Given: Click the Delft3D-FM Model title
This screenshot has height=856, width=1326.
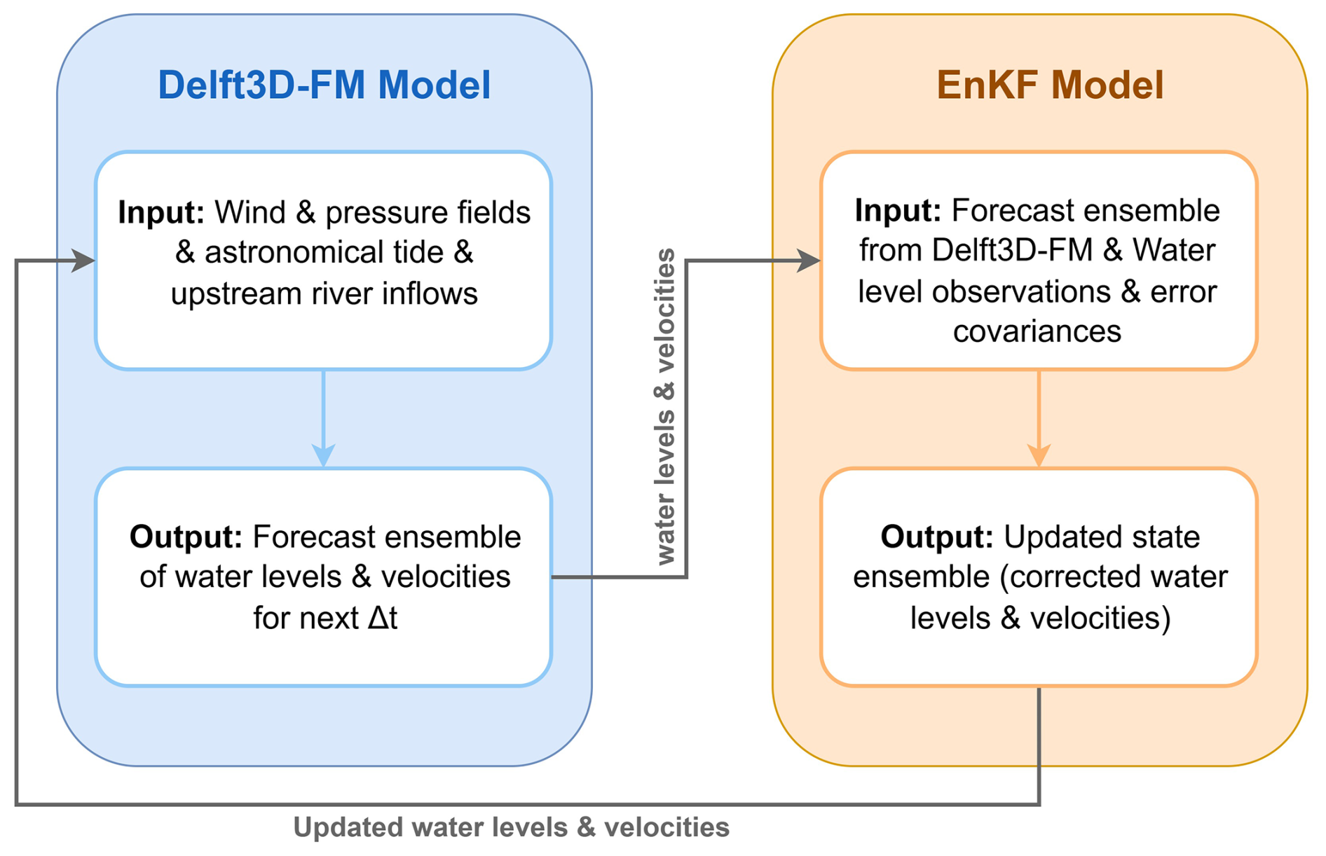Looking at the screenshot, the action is (324, 85).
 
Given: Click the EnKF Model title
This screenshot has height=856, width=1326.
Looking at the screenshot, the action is (1050, 85).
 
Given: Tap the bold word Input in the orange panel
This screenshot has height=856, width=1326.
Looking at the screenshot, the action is (898, 211).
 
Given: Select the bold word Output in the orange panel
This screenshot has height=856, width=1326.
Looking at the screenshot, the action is (937, 538).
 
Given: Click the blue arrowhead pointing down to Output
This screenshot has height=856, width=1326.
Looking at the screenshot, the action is (323, 455).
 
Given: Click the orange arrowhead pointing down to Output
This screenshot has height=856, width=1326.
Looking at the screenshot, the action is (1039, 455).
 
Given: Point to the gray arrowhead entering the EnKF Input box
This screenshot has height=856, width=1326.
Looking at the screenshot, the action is (809, 261).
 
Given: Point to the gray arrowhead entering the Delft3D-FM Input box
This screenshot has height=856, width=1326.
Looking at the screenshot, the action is (83, 261).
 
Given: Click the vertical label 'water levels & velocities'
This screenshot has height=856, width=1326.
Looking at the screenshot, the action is (664, 406).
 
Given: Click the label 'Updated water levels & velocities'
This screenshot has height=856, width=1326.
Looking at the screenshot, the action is (512, 827).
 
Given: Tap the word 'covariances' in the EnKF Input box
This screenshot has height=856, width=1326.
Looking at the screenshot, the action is (1037, 331).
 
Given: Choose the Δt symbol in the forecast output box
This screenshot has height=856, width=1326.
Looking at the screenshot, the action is (383, 618).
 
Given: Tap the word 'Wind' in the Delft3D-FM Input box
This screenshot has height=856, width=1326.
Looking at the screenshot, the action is (250, 213).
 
